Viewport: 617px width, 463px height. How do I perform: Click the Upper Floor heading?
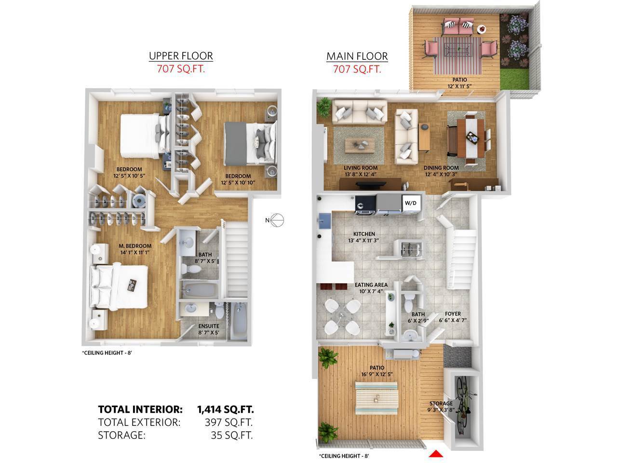click(181, 56)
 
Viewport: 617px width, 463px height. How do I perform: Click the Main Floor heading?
click(357, 56)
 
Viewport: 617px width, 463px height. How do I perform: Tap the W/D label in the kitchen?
click(410, 203)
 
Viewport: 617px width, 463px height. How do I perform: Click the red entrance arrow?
click(435, 453)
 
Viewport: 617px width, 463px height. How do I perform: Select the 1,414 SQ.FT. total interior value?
click(226, 409)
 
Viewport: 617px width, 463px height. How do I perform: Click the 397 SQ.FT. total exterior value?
click(228, 422)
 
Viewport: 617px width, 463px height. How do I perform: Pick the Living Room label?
click(361, 168)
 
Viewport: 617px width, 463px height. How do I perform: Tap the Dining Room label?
click(441, 168)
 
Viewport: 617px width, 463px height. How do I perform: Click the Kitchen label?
click(364, 234)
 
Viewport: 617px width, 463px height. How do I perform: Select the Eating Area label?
click(371, 285)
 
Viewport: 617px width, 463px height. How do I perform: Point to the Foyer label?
click(453, 313)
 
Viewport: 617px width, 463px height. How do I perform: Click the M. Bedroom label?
click(135, 246)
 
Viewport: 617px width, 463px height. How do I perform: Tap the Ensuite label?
click(209, 326)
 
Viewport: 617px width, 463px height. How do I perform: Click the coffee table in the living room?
click(360, 145)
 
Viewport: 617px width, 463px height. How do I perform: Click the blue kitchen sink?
click(325, 220)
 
